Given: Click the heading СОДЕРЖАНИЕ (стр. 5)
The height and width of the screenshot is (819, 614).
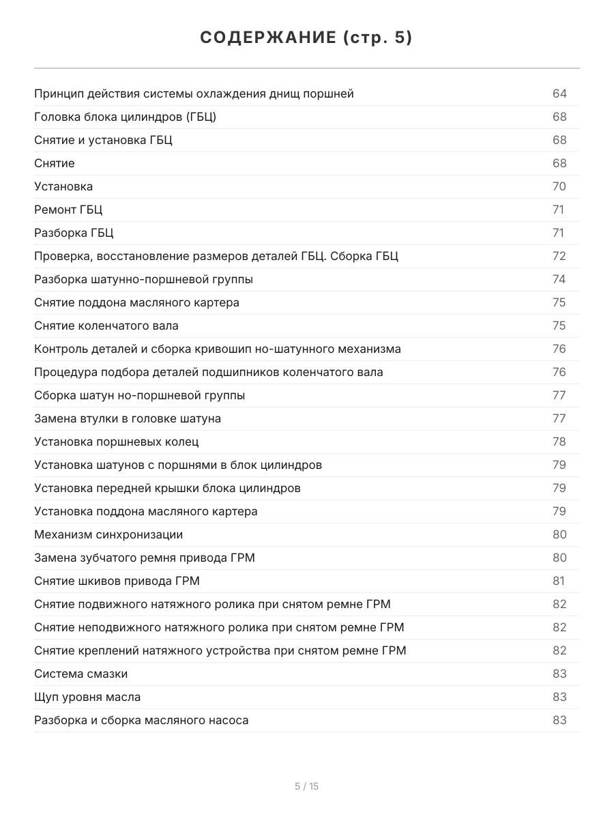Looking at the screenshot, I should [306, 38].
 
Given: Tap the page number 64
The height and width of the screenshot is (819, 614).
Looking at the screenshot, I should [559, 94].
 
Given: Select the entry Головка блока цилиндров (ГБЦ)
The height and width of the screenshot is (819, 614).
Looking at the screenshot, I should [125, 117].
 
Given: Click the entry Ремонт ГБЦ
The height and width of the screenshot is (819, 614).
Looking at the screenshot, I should [68, 210].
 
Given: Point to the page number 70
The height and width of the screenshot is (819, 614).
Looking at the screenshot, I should [559, 186].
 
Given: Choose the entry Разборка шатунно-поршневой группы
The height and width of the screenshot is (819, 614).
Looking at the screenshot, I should [143, 279].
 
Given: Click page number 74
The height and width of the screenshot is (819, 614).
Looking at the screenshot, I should [559, 279].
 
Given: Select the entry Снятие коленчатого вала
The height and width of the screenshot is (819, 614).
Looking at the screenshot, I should [106, 326].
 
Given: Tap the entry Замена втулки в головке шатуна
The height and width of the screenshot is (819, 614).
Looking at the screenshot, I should [128, 418].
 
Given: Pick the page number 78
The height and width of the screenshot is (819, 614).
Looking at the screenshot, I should [559, 442].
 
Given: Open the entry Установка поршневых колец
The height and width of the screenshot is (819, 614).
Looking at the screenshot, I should [117, 442].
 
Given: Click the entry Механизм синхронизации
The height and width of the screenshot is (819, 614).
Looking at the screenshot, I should [108, 534].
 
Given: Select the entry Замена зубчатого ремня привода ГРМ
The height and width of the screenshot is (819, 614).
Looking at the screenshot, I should [145, 558].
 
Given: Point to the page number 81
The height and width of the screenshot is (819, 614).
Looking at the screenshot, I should [559, 581].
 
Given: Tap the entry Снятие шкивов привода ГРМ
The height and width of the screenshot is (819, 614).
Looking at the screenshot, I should [117, 581].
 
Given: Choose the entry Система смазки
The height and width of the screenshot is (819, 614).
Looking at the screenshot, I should [81, 674].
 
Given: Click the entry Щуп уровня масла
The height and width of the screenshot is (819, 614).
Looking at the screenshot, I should [87, 697].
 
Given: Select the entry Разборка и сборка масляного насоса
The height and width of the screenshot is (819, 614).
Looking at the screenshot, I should [141, 720].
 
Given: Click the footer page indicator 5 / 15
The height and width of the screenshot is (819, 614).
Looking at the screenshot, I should [306, 786].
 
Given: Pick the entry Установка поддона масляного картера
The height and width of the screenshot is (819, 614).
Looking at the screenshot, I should [146, 511].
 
